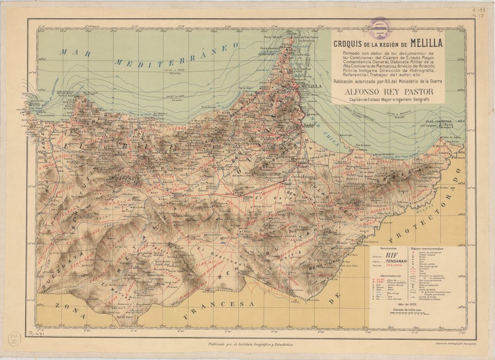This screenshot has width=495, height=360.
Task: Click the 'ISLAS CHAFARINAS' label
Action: (x=438, y=121)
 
